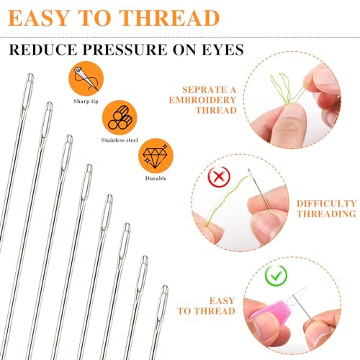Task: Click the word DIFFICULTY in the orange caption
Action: click(x=327, y=203)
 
